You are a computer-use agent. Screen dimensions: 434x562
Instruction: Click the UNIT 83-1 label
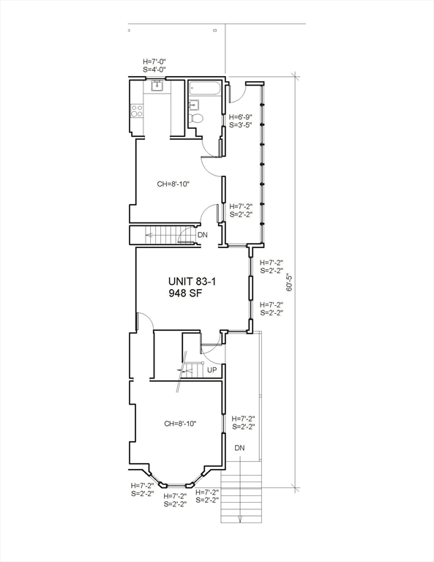click(x=192, y=281)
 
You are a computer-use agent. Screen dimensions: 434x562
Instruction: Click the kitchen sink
click(x=157, y=86)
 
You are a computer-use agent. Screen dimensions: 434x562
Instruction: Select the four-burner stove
click(x=137, y=110)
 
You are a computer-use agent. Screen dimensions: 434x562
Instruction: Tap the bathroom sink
click(x=193, y=105)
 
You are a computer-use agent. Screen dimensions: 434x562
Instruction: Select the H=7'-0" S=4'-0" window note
click(x=154, y=66)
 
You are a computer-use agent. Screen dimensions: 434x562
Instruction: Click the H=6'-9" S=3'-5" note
click(x=241, y=121)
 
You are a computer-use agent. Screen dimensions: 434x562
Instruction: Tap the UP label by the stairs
click(x=212, y=370)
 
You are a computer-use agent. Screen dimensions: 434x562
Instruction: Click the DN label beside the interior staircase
click(x=203, y=235)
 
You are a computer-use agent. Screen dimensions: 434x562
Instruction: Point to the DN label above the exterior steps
click(x=240, y=448)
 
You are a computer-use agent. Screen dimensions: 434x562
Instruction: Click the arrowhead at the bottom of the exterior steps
click(x=241, y=520)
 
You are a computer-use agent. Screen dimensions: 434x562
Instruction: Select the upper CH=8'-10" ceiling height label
click(x=173, y=184)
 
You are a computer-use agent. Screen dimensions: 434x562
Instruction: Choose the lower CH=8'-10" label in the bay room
click(x=180, y=424)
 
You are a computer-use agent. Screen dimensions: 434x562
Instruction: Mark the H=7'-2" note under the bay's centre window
click(x=175, y=501)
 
